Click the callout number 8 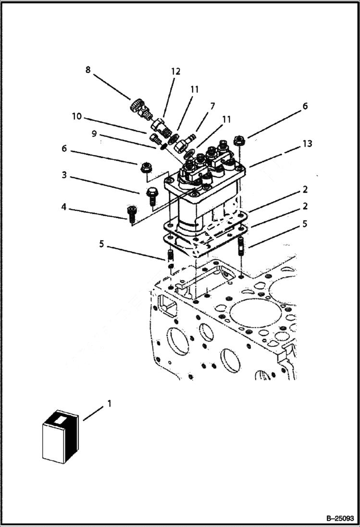(x=87, y=70)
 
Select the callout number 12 (x=175, y=72)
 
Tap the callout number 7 (x=212, y=106)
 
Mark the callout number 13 (x=307, y=144)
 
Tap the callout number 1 (x=109, y=404)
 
